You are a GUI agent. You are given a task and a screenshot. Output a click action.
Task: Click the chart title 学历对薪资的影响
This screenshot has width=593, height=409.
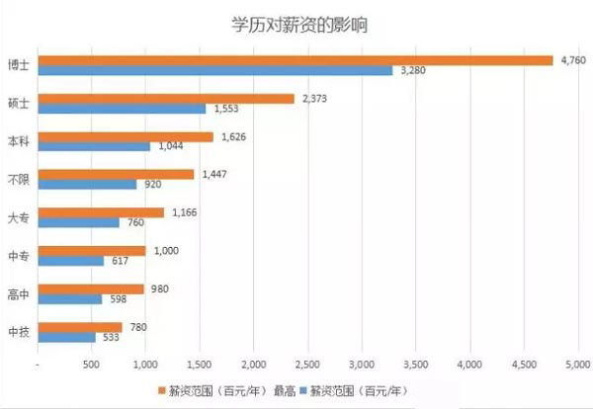(296, 24)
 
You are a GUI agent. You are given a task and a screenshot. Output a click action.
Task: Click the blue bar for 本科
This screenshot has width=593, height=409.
(93, 146)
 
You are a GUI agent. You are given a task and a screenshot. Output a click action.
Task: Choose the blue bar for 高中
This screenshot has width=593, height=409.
(69, 299)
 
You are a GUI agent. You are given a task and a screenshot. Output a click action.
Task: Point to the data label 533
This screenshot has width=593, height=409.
(110, 338)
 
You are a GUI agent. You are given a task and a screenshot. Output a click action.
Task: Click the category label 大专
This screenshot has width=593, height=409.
(18, 217)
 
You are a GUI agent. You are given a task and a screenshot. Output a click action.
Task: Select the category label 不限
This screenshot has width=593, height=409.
(18, 179)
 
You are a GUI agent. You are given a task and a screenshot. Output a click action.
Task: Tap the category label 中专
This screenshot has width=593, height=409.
(18, 256)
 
